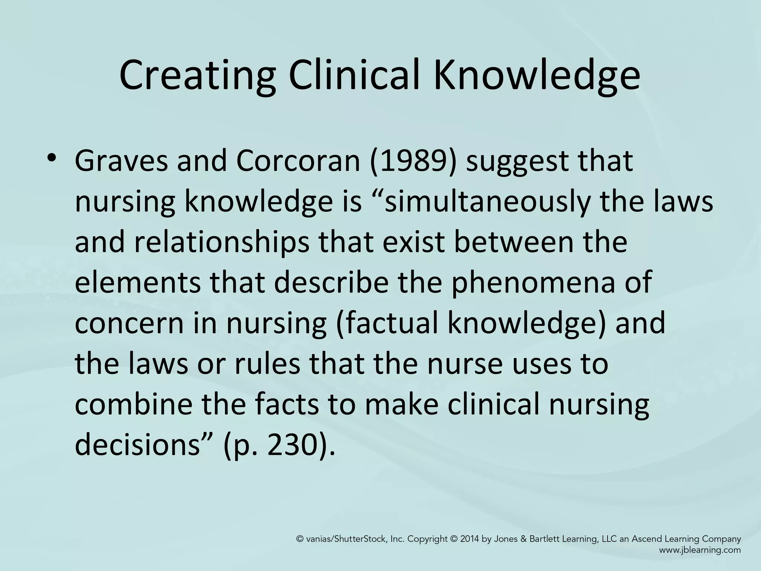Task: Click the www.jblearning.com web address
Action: [x=700, y=550]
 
